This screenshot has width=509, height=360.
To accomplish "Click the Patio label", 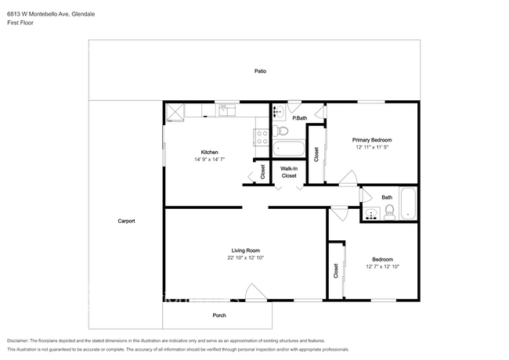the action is coord(260,71).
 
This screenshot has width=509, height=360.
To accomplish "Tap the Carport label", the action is coord(126,221).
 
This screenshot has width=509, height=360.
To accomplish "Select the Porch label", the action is coord(219,315).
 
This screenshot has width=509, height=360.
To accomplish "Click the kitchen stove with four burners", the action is coord(262,137).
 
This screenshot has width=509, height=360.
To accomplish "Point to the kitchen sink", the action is coord(228,110).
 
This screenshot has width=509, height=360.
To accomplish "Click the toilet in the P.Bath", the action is coord(280,131).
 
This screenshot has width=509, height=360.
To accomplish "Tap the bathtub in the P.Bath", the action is coord(288,148).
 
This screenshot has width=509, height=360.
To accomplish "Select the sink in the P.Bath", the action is coord(278,112).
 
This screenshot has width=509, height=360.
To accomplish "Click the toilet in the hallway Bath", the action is coord(389,213).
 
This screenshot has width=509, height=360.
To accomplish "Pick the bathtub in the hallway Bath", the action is coord(408,203).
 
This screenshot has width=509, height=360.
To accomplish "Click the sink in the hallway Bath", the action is coord(371,214).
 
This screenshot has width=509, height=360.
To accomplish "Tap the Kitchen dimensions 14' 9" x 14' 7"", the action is coord(209,159).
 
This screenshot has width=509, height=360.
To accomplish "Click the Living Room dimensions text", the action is coord(245,257).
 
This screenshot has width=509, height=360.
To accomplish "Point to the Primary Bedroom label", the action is coord(372,140).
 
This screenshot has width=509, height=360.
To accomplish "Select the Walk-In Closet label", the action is coord(289,172).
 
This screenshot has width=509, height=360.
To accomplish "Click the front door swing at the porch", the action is coord(256,293).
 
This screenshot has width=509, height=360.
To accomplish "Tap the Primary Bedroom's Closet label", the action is coord(316,154).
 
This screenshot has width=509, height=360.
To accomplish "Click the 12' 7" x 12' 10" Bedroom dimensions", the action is coord(382,267).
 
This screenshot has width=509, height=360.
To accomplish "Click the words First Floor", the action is coord(20,23).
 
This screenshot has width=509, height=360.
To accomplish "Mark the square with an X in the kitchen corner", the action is coord(175,113).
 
